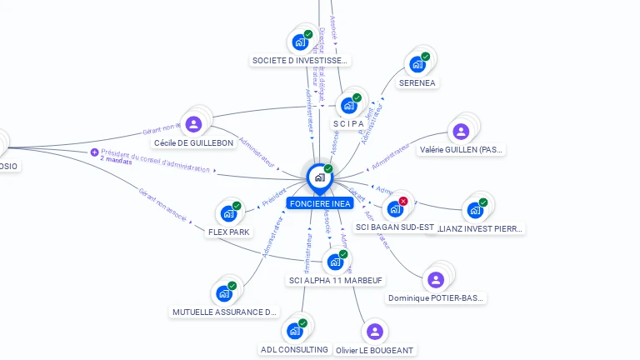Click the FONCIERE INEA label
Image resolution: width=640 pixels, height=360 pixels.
click(320, 203)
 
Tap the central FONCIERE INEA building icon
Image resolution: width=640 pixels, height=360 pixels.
click(319, 177)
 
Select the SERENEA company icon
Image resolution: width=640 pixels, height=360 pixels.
click(417, 64)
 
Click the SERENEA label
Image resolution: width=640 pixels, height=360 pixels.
click(417, 82)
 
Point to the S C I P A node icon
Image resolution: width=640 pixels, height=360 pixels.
click(348, 106)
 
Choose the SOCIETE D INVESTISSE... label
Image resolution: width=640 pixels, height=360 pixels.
click(300, 61)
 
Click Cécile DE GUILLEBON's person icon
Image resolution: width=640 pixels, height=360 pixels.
click(193, 125)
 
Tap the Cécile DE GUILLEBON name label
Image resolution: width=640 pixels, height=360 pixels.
click(193, 143)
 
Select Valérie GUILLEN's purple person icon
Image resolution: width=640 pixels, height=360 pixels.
click(461, 132)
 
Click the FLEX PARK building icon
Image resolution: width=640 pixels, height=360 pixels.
click(228, 213)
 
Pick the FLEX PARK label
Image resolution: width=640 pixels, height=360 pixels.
click(228, 232)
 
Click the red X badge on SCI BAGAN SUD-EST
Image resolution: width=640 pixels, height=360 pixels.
click(403, 201)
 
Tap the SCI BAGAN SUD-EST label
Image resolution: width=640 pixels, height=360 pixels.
click(395, 227)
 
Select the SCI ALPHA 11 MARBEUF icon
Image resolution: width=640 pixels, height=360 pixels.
click(335, 262)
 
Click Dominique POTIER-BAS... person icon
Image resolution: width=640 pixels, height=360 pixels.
click(435, 280)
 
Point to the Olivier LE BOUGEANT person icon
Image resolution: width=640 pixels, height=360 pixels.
click(374, 332)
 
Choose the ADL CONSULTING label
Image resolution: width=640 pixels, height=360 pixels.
click(294, 349)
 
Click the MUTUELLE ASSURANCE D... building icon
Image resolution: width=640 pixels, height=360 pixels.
click(224, 293)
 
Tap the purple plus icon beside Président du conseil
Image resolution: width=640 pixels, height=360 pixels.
click(94, 152)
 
